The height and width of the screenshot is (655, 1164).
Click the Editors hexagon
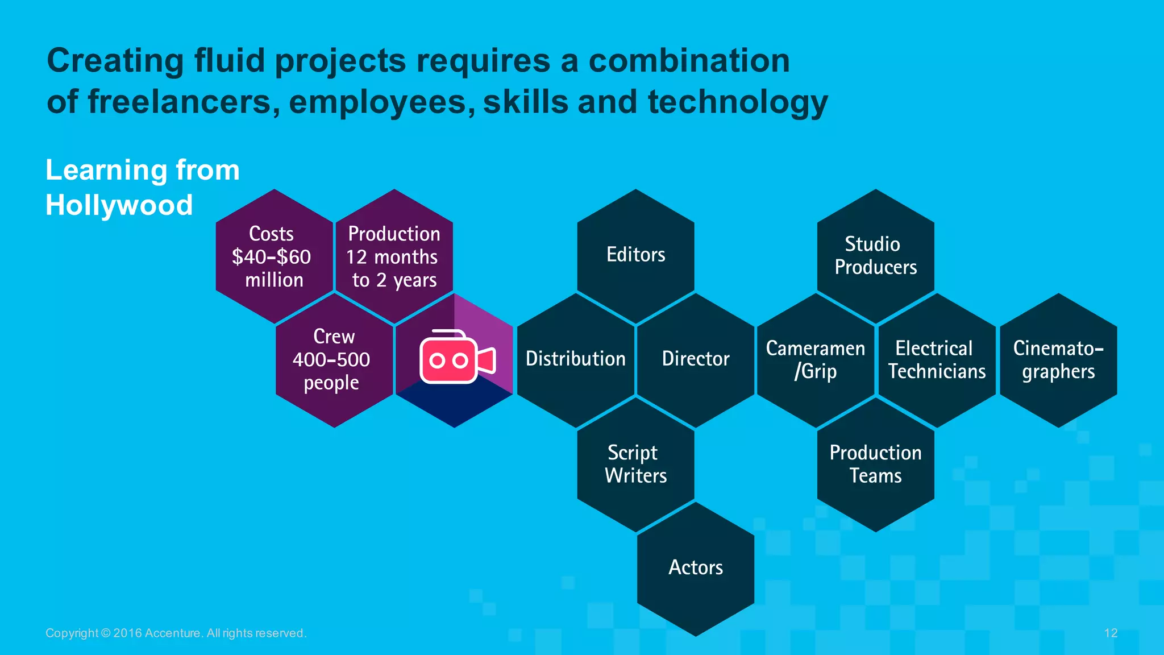click(635, 255)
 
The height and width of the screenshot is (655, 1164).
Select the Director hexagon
click(696, 359)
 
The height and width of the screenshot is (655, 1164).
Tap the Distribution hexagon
click(575, 359)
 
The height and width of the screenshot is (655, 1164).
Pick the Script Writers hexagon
click(635, 464)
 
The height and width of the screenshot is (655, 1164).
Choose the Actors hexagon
click(696, 568)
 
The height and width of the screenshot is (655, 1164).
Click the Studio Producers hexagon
click(875, 255)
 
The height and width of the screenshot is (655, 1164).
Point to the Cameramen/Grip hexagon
click(816, 359)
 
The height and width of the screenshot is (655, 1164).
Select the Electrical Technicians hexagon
click(936, 359)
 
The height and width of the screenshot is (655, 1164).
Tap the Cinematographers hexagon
click(1058, 359)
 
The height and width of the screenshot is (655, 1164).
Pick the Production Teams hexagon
click(875, 464)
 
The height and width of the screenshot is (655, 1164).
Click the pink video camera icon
click(456, 357)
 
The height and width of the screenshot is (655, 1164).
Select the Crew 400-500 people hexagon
click(334, 359)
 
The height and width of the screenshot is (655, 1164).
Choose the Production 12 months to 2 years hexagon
click(394, 256)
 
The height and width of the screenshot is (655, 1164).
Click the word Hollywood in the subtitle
click(119, 205)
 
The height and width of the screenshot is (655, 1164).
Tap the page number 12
click(1111, 633)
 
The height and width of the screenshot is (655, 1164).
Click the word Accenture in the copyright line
click(172, 633)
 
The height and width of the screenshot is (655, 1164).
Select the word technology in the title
click(737, 102)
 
